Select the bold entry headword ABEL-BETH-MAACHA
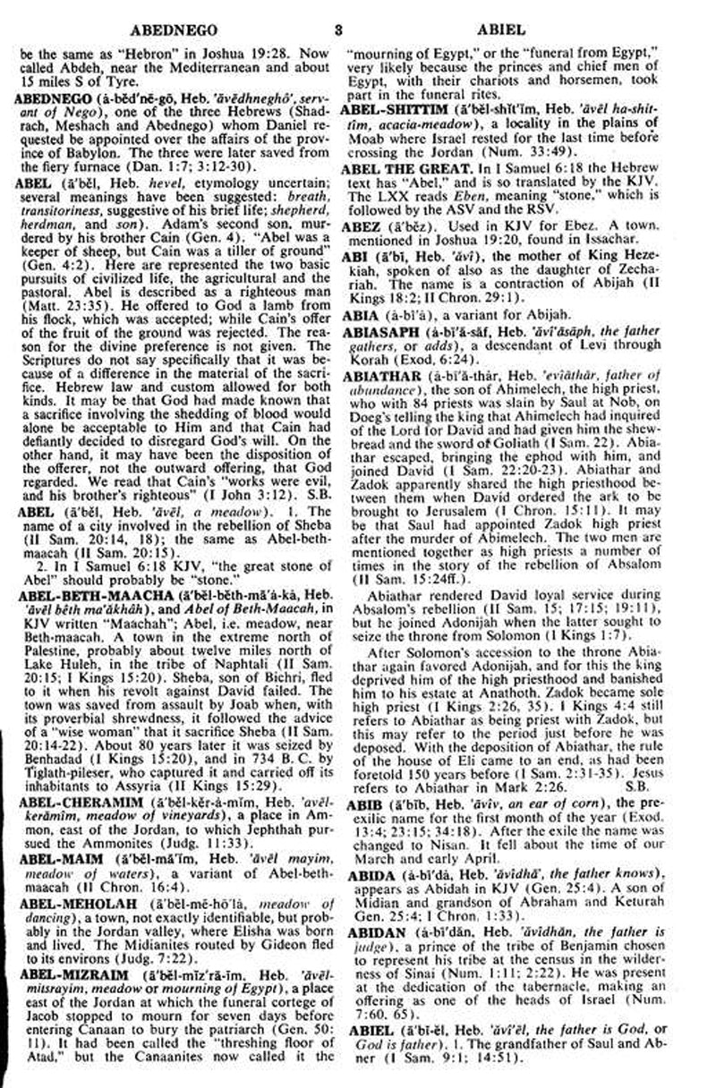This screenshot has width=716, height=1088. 76,581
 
